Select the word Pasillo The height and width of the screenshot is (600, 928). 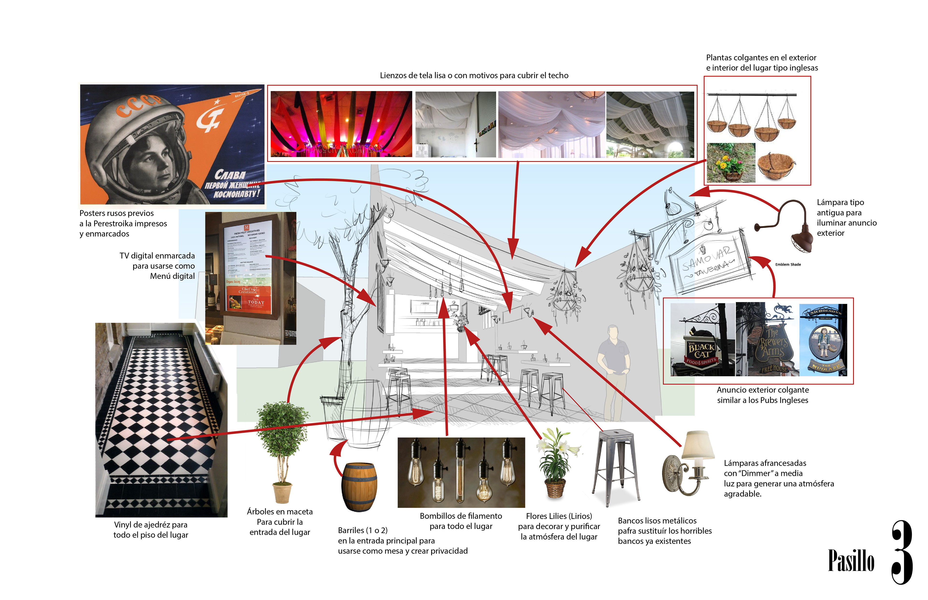tap(851, 561)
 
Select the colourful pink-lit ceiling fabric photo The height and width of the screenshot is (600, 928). tap(341, 124)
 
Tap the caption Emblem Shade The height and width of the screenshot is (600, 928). tap(788, 265)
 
